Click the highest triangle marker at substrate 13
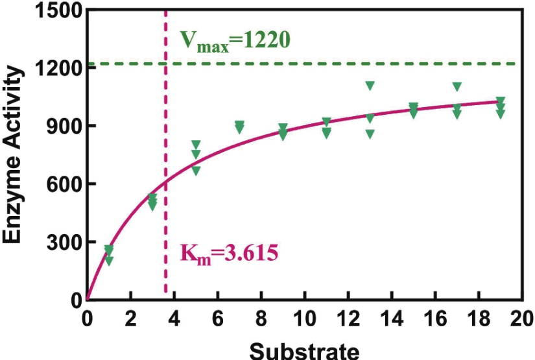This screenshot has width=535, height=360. [370, 86]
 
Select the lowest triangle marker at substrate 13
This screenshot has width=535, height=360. [370, 134]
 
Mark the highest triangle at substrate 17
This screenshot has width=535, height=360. [457, 86]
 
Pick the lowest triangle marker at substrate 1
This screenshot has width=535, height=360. [109, 261]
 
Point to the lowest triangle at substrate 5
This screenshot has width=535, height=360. [196, 171]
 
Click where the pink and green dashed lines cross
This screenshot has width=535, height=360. [166, 64]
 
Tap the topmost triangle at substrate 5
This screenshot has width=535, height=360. [196, 144]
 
